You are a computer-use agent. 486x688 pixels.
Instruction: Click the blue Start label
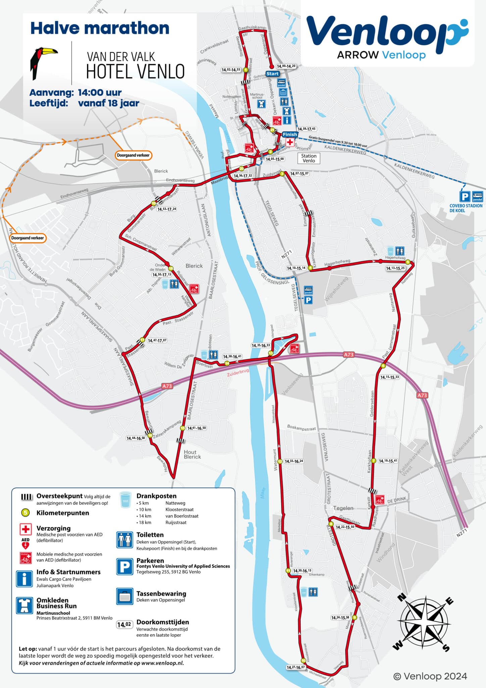[272, 74]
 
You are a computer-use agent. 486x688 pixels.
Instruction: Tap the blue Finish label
[290, 134]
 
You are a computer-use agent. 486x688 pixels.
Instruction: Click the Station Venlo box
[309, 158]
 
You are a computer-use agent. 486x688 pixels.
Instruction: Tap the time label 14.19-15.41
[388, 461]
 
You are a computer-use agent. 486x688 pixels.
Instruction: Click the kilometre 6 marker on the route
[383, 366]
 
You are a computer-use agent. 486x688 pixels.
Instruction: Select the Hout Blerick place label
[192, 454]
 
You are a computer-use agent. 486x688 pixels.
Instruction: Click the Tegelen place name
[343, 508]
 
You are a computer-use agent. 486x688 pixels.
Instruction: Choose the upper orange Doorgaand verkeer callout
[133, 155]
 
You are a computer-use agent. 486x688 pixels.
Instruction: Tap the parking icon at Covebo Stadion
[465, 197]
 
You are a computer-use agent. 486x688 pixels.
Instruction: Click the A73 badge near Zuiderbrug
[167, 386]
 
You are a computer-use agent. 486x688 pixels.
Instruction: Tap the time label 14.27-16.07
[295, 667]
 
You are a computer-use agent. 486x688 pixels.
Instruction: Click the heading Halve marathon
[100, 28]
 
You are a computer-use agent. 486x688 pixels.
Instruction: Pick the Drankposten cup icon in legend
[126, 500]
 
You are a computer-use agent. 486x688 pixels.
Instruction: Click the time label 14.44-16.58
[136, 438]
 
